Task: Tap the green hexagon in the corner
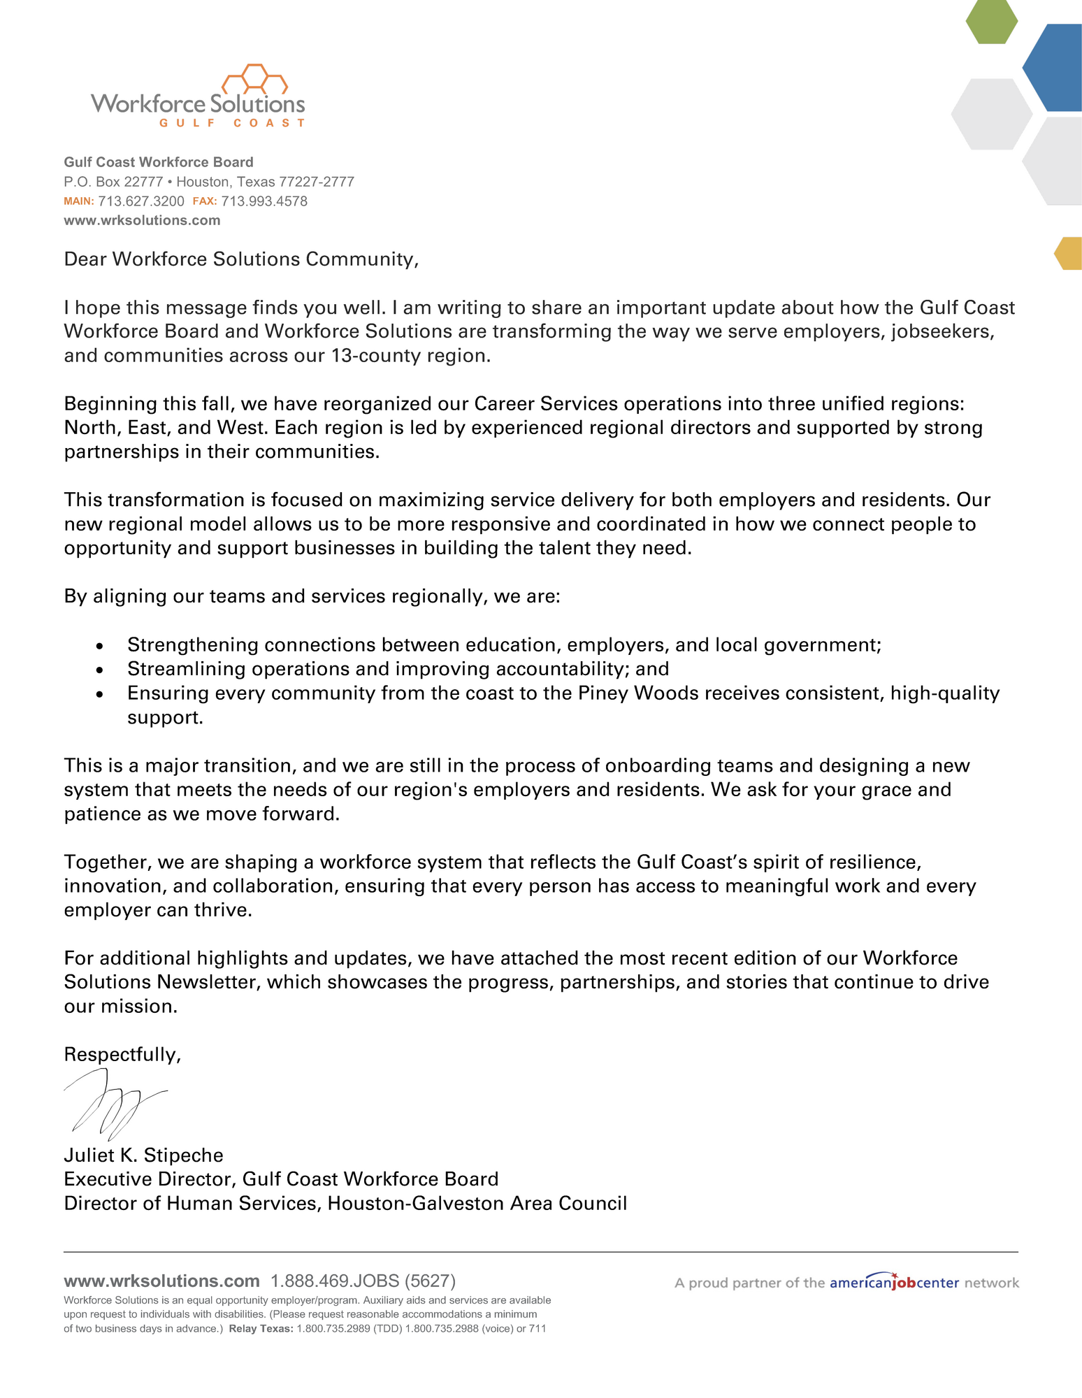(991, 21)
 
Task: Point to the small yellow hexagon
(1069, 253)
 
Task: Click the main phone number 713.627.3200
(140, 201)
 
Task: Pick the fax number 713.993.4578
(264, 201)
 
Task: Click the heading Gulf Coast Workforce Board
(159, 162)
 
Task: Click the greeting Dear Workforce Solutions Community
(241, 259)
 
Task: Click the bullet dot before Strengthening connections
(100, 646)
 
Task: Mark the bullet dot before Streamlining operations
(100, 670)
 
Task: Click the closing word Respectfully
(122, 1054)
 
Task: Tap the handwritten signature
(112, 1103)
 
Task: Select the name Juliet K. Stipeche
(143, 1155)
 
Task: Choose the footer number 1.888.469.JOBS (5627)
(363, 1281)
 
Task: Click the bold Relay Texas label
(261, 1328)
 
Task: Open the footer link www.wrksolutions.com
(161, 1281)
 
